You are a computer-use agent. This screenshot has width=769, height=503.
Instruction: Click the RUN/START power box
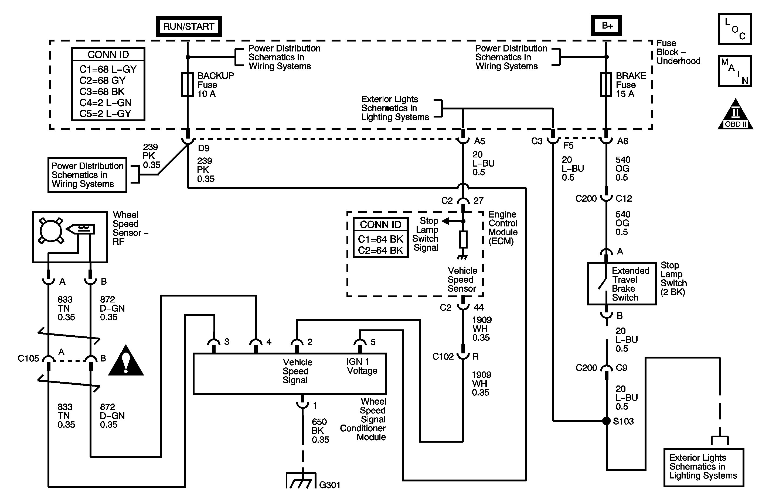tap(189, 26)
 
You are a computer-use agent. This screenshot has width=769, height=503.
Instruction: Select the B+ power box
tap(607, 26)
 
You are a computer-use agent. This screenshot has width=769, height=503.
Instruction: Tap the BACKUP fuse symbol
tap(188, 85)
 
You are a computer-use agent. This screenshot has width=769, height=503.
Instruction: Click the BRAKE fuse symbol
tap(606, 85)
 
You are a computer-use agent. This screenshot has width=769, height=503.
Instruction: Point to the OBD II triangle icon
tap(735, 116)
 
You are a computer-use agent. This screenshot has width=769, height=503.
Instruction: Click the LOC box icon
tap(734, 29)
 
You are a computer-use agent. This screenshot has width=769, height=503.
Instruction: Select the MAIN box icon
tap(734, 71)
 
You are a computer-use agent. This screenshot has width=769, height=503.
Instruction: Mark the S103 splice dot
tap(607, 421)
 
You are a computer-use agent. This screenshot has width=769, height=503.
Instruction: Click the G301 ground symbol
tap(301, 481)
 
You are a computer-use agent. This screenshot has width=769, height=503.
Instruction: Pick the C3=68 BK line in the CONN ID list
tap(102, 92)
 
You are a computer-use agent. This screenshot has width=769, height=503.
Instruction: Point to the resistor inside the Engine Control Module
tap(463, 240)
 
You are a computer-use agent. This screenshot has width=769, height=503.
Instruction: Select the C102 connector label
tap(443, 357)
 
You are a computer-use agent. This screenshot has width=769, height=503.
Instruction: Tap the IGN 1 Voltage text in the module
tap(362, 366)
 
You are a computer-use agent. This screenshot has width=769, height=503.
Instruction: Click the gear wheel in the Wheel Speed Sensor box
tap(51, 230)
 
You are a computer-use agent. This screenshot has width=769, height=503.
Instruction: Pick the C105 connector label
tap(28, 358)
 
